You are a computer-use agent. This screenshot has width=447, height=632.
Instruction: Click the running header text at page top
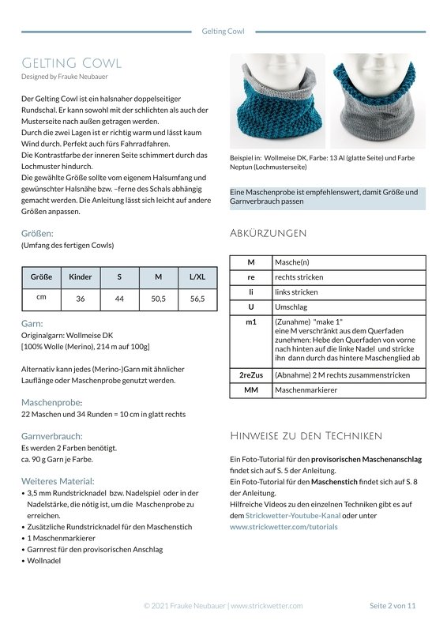point(223,32)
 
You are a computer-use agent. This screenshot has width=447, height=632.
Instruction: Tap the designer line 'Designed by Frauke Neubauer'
point(65,77)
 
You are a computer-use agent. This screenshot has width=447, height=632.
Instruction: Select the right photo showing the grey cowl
point(376,101)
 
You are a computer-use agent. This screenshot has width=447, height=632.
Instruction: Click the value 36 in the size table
point(81,299)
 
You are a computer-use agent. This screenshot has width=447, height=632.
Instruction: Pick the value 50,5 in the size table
point(158,299)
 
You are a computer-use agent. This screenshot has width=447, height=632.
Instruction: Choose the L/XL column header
point(197,277)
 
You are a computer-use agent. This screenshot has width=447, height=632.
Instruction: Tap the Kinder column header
point(81,277)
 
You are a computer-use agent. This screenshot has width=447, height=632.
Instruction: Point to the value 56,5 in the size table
point(197,299)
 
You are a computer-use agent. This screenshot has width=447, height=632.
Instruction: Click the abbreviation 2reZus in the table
point(250,374)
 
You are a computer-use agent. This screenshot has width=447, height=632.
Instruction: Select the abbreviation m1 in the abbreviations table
point(250,322)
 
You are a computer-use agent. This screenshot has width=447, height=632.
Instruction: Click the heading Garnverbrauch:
point(52,435)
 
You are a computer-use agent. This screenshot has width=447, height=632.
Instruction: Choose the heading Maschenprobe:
point(50,402)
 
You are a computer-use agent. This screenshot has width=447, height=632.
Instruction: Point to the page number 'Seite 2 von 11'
point(393,605)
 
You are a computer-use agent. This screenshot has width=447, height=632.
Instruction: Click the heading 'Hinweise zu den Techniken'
point(306,435)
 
